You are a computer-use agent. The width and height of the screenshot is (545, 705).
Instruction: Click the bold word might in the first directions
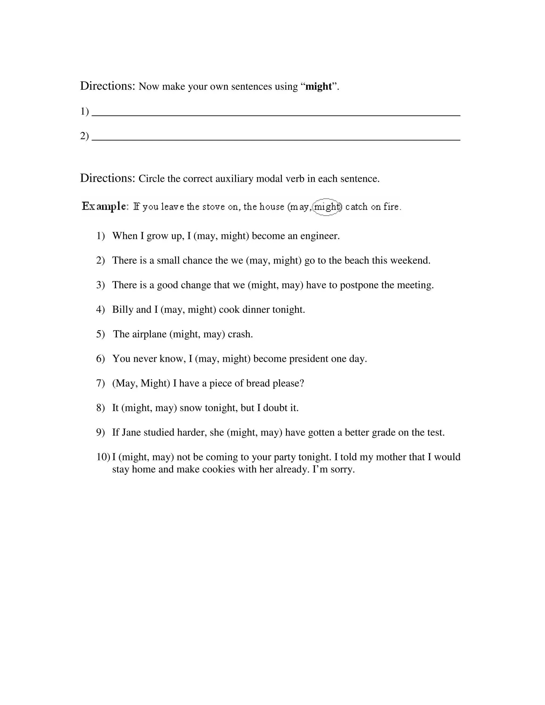pos(318,86)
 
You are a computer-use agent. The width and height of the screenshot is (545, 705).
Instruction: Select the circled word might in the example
pos(327,207)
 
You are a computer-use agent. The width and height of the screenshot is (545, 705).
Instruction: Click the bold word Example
pos(105,206)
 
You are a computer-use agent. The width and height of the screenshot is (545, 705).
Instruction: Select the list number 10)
pos(103,457)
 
